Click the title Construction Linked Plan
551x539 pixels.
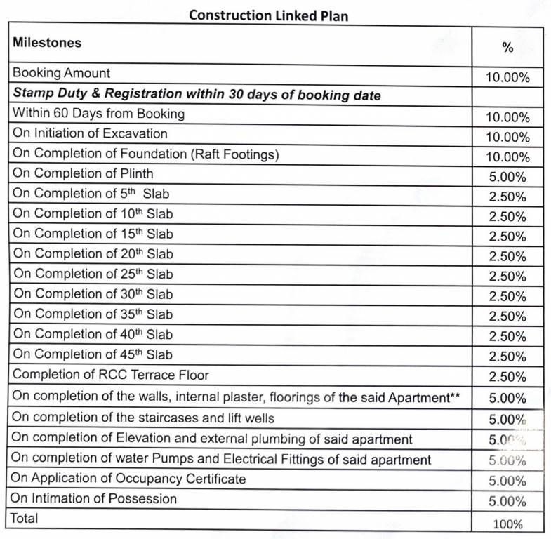pyautogui.click(x=268, y=15)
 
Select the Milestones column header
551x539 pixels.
pyautogui.click(x=47, y=43)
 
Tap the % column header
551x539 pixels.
pyautogui.click(x=507, y=48)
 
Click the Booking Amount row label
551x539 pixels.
pyautogui.click(x=62, y=73)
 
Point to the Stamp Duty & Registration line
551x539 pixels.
pyautogui.click(x=197, y=93)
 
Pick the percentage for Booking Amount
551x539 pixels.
pyautogui.click(x=507, y=77)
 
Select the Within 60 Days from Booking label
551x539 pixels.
pyautogui.click(x=99, y=113)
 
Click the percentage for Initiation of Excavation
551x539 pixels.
pyautogui.click(x=507, y=138)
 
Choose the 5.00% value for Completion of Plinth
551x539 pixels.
pyautogui.click(x=507, y=178)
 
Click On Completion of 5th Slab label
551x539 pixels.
pyautogui.click(x=91, y=194)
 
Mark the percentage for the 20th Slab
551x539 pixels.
pyautogui.click(x=507, y=257)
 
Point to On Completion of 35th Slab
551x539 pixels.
pyautogui.click(x=93, y=314)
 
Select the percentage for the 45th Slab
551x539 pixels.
pyautogui.click(x=507, y=357)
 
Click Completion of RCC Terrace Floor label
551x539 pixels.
pyautogui.click(x=111, y=375)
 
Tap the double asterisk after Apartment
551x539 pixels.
pyautogui.click(x=455, y=397)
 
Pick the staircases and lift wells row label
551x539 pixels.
pyautogui.click(x=143, y=418)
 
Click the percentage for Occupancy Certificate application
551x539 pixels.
pyautogui.click(x=507, y=481)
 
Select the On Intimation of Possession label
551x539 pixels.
pyautogui.click(x=95, y=499)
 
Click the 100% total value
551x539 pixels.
pyautogui.click(x=507, y=524)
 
